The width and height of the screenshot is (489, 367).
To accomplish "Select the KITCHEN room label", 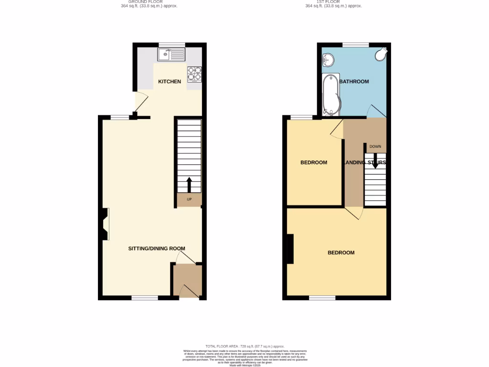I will (x=170, y=82).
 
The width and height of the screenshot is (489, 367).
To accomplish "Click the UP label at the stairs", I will (x=189, y=199).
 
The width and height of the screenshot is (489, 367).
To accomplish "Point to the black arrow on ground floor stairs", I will (x=189, y=185).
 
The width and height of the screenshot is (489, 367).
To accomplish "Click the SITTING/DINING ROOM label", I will (x=156, y=248).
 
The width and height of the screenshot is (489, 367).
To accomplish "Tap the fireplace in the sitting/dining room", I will (x=104, y=224).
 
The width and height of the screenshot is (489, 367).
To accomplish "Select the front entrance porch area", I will (x=187, y=281).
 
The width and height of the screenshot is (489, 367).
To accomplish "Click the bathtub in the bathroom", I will (x=330, y=95).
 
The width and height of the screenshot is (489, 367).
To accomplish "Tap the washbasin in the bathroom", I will (x=328, y=60).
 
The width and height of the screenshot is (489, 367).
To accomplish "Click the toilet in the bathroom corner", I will (x=381, y=55).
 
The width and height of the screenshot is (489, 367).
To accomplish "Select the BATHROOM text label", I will (x=354, y=82).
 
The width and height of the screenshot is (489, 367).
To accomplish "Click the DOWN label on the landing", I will (x=375, y=147).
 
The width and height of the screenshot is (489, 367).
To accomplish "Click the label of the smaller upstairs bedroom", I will (x=313, y=162).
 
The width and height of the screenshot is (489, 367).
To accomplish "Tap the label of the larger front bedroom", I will (x=341, y=253).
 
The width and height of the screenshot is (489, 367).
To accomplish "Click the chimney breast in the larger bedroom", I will (x=289, y=249).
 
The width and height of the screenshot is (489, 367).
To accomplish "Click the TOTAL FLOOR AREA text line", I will (x=244, y=346).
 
